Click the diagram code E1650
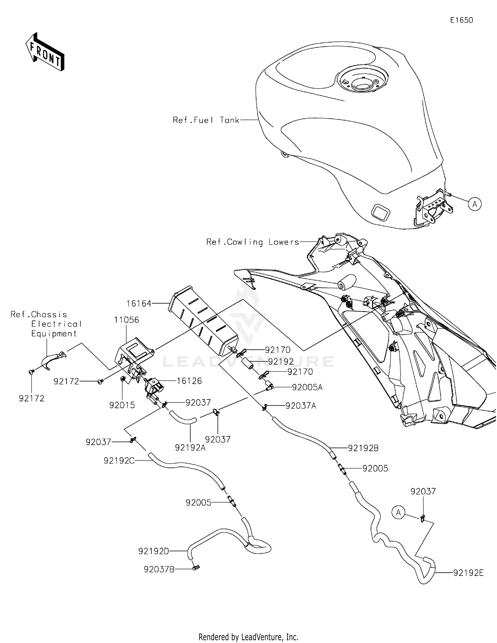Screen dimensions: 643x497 [x=461, y=20]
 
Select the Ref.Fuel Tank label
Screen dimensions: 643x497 [x=206, y=120]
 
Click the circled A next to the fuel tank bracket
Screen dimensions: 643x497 [x=475, y=204]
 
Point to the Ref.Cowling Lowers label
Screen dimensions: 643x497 [x=252, y=242]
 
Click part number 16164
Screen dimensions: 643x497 [x=139, y=304]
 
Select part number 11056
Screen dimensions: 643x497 [x=126, y=320]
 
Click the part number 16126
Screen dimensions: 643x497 [x=189, y=381]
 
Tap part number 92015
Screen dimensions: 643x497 [x=122, y=405]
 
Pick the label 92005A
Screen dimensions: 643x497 [x=307, y=387]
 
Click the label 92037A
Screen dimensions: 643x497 [x=301, y=406]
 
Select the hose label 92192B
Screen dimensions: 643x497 [x=363, y=448]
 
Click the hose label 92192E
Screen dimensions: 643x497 [x=468, y=573]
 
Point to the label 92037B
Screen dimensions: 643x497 [x=159, y=569]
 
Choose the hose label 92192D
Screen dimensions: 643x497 [x=154, y=551]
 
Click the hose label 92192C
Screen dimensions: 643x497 [x=119, y=461]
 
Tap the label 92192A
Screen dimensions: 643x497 [x=190, y=448]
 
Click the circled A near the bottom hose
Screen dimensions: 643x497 [x=398, y=513]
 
